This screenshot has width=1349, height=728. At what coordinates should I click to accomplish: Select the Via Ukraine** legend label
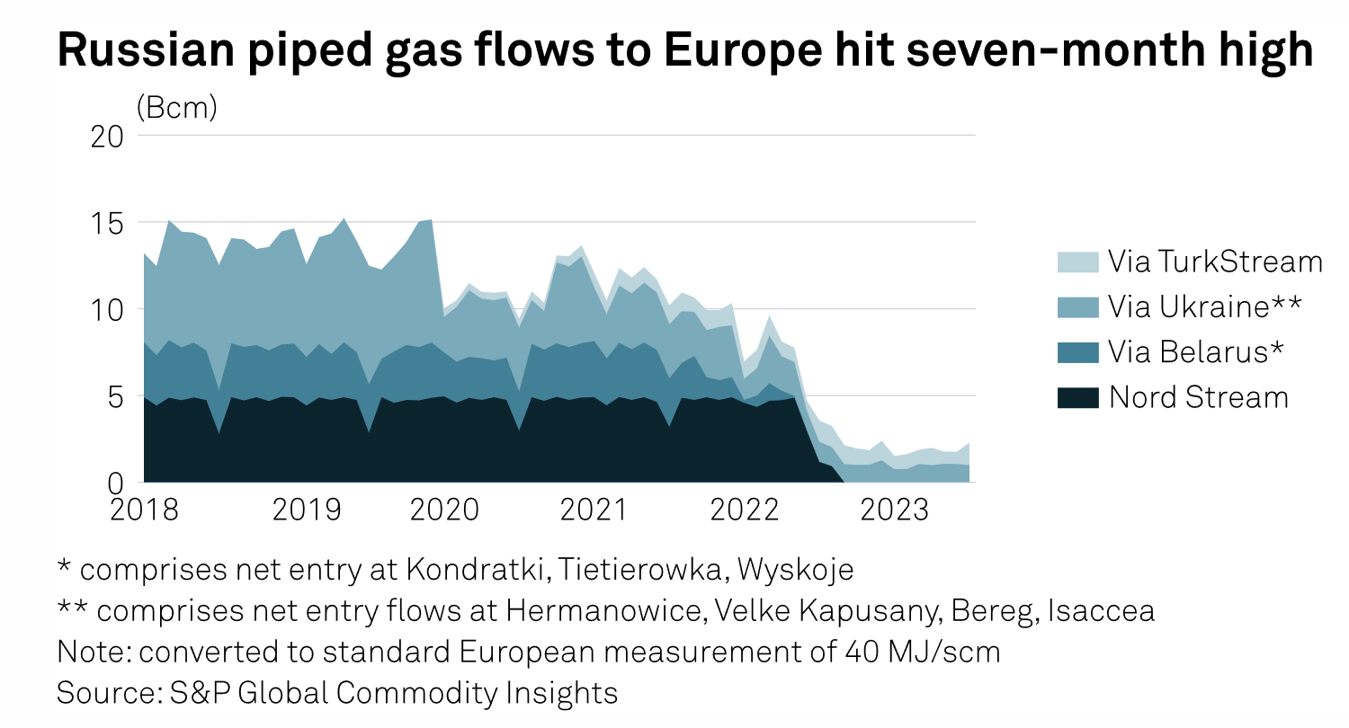coord(1204,307)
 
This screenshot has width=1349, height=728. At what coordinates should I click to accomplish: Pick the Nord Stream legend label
coord(1199,397)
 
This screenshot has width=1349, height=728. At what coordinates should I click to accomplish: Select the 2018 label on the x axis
coord(144,510)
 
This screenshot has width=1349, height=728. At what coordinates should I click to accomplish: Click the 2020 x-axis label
coord(444,510)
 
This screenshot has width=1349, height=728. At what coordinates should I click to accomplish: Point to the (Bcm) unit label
coord(177,108)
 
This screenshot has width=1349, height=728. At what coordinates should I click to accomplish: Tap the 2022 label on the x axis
coord(744,510)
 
